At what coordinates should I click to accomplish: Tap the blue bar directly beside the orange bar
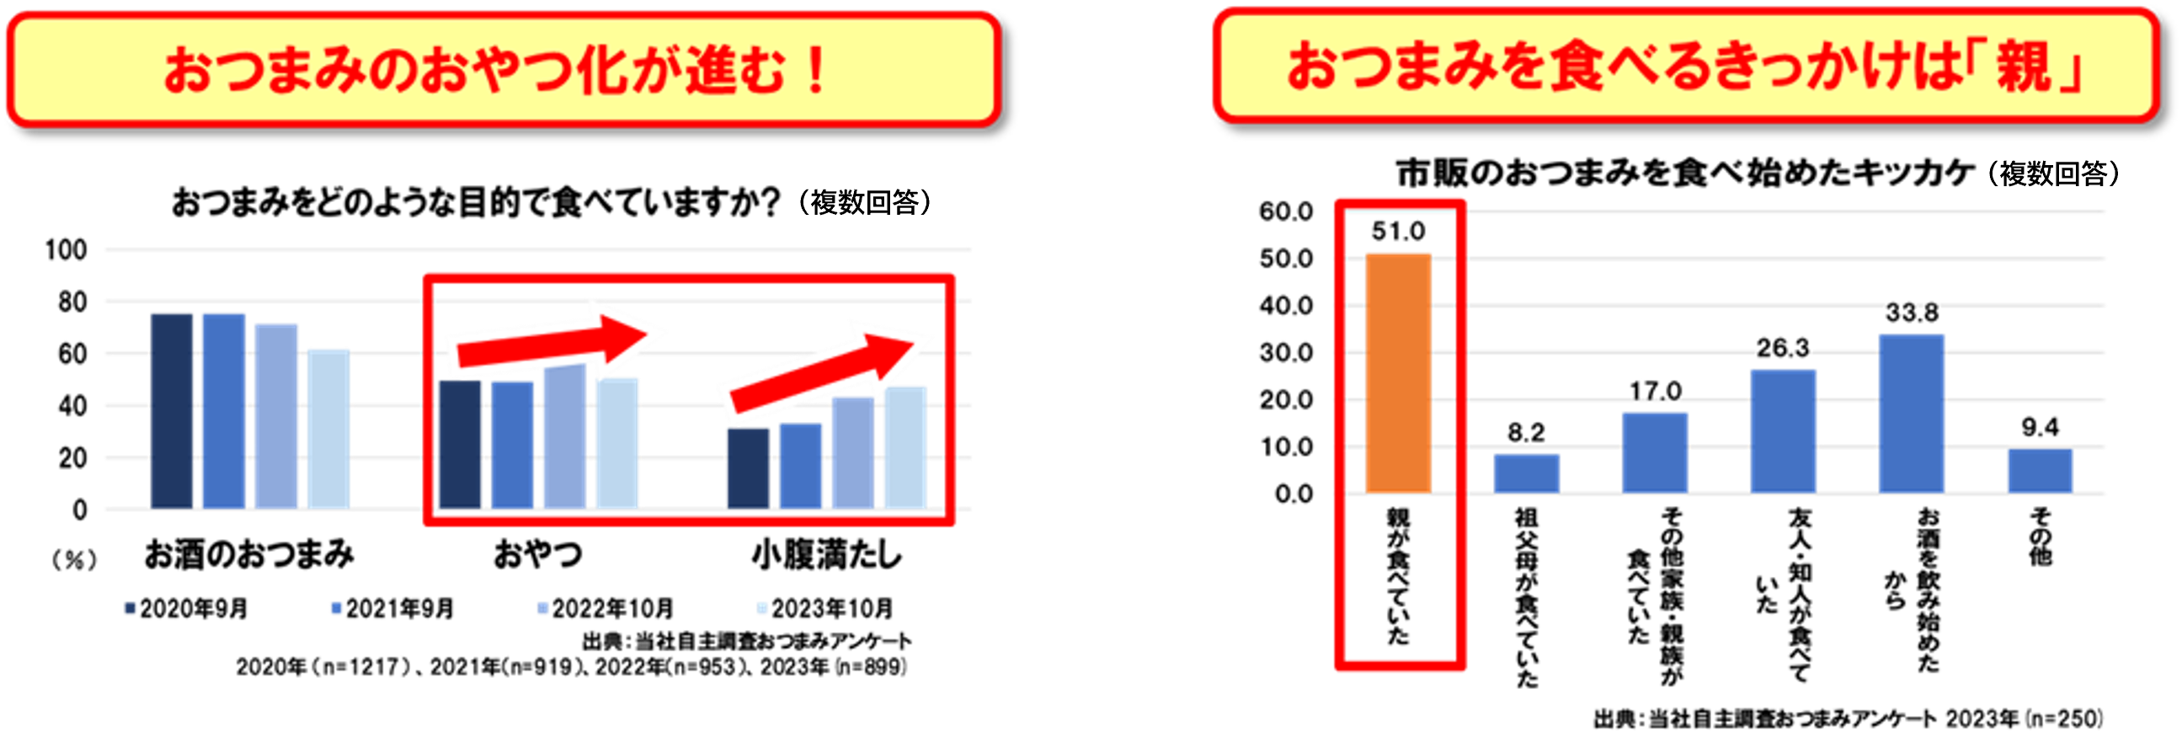[1525, 472]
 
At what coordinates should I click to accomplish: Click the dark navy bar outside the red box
[172, 410]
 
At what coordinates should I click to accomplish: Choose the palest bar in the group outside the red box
[328, 428]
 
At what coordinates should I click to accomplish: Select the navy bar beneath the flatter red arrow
[460, 445]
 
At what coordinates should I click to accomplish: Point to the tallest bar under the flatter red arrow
[564, 437]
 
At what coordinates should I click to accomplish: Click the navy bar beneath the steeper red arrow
[748, 467]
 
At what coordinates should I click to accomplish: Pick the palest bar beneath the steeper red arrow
[904, 446]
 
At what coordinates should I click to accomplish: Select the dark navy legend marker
[130, 608]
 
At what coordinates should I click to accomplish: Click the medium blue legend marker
[336, 608]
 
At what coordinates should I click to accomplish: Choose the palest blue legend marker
[762, 608]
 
